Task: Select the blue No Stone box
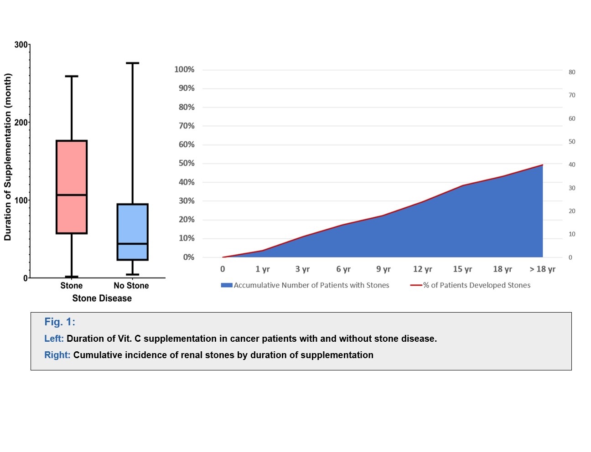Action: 132,223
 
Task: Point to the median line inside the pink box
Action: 72,195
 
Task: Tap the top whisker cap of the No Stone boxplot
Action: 132,63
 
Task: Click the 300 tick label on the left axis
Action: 21,45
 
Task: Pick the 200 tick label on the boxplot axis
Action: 21,123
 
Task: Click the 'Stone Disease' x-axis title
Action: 102,298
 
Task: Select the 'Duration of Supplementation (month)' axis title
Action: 8,157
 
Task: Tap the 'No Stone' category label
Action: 131,286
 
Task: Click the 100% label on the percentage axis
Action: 184,70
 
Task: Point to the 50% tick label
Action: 186,163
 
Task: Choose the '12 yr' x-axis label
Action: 422,269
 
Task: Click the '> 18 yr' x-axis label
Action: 542,269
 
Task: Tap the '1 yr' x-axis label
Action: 262,269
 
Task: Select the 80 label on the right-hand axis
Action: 572,72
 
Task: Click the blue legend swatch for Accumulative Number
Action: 227,285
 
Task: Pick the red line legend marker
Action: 416,285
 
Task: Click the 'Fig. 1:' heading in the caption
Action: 60,322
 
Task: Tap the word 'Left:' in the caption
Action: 54,339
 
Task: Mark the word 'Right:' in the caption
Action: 57,355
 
